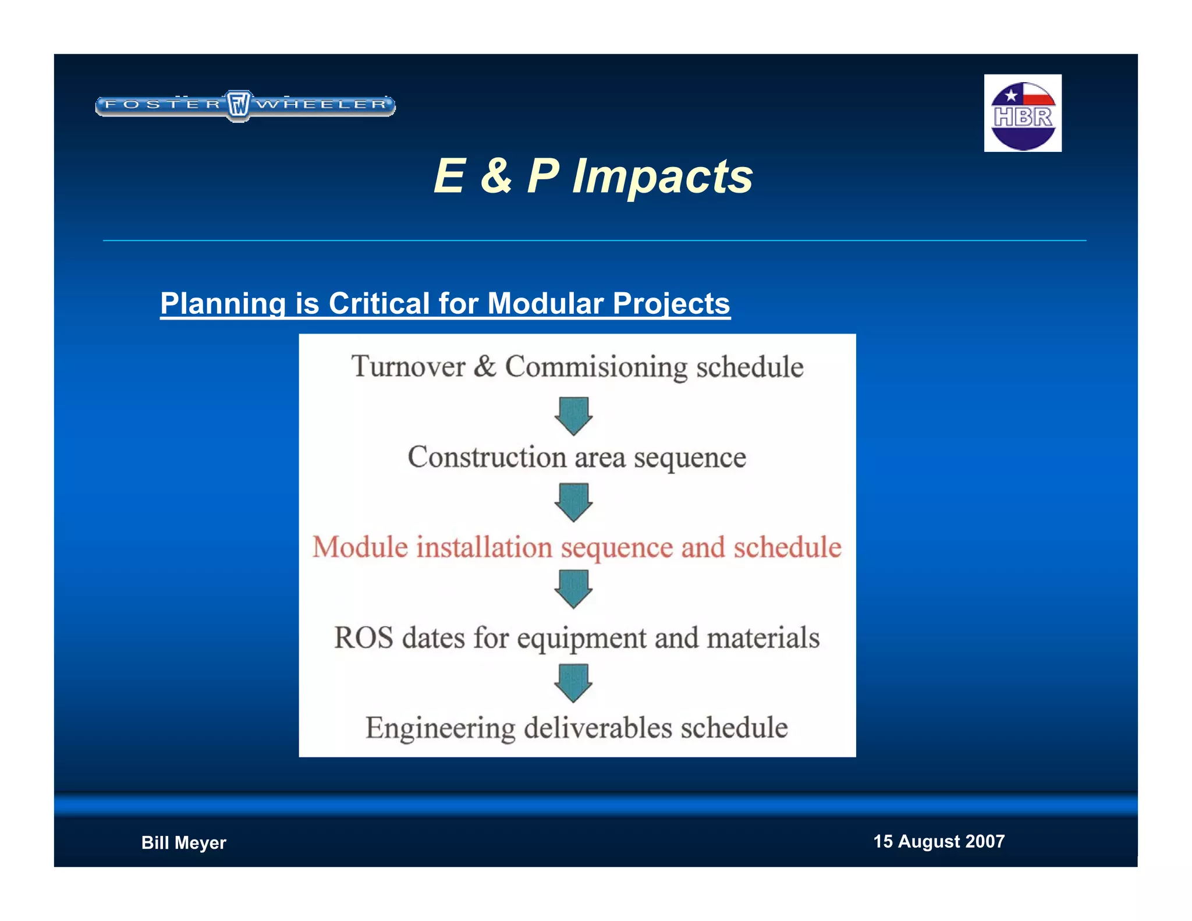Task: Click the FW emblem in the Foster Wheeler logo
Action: (238, 105)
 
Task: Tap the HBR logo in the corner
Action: (1023, 114)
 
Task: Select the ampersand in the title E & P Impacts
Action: (496, 176)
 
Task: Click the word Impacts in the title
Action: (662, 176)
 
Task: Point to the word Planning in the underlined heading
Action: (223, 303)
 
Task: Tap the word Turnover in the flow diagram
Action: (408, 367)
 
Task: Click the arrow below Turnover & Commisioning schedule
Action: (574, 415)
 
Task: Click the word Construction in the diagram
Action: (486, 457)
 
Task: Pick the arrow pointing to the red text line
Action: (574, 502)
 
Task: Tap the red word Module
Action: (360, 547)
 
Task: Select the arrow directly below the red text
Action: (574, 589)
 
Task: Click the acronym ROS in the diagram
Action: (363, 637)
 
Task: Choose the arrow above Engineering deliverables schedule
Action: (574, 683)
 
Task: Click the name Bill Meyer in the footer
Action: (183, 842)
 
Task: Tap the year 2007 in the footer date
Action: (985, 841)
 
